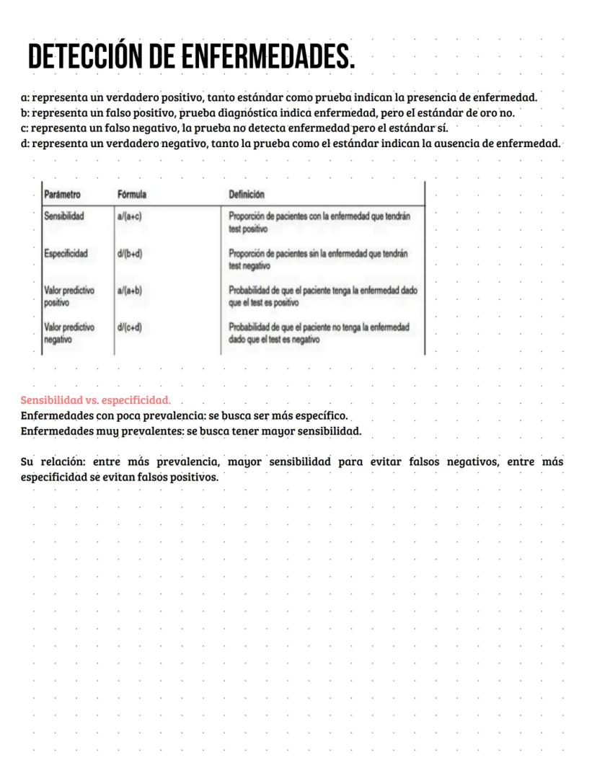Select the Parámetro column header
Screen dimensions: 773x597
[62, 195]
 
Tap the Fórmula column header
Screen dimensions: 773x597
[132, 195]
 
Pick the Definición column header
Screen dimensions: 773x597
[246, 195]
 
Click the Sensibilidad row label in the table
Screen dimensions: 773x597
[64, 216]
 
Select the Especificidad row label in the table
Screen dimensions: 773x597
[66, 254]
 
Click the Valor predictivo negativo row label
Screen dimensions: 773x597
[68, 332]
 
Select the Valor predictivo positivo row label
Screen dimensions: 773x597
[68, 296]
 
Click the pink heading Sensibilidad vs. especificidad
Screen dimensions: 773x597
[95, 399]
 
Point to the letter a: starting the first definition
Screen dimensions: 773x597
[25, 97]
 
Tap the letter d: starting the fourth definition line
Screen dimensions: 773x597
[25, 143]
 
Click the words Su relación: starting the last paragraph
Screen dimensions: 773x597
[51, 461]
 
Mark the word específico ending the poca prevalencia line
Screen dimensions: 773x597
[323, 416]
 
